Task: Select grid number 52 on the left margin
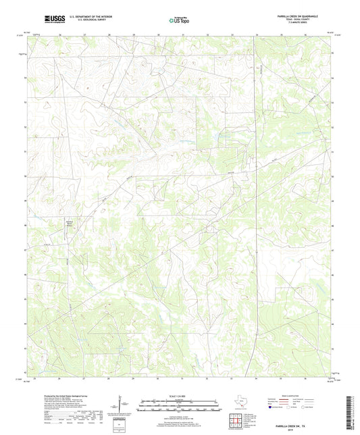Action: coord(26,126)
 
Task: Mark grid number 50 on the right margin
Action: coord(332,176)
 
